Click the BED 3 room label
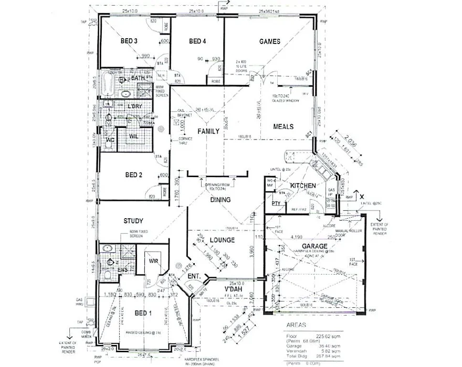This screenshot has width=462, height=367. point(129,41)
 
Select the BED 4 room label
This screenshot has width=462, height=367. point(197,41)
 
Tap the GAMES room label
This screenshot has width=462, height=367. point(270,41)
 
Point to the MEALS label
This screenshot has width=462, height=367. point(283,126)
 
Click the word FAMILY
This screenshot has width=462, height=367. point(208,131)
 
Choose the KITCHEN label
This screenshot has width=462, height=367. point(303,186)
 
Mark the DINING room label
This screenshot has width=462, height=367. point(220,200)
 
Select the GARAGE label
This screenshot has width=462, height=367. point(314,246)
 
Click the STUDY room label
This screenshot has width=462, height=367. point(133,221)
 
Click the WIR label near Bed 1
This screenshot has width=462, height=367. point(154,261)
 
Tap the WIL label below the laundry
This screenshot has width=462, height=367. point(134,136)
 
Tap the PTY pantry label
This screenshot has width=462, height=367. point(276,203)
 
